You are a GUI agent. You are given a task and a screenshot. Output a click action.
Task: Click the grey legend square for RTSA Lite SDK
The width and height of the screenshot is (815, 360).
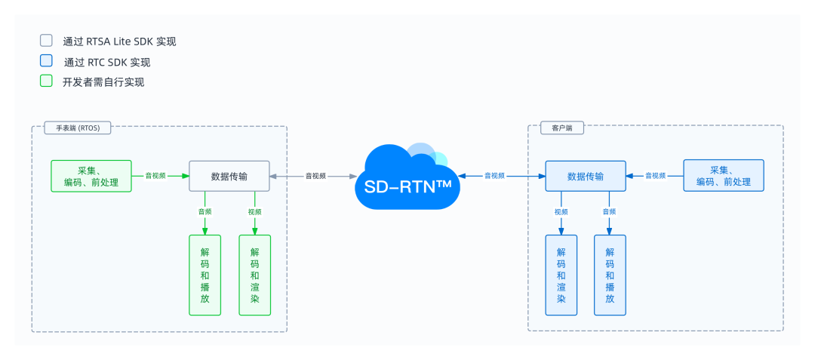46,41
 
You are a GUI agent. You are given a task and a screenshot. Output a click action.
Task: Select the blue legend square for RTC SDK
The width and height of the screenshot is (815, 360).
46,61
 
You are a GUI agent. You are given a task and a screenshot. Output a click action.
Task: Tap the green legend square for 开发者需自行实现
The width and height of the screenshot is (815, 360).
46,81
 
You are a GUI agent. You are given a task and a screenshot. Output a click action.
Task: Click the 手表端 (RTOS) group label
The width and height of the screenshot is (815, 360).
78,128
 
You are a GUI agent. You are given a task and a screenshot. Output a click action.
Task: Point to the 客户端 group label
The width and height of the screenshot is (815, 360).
562,128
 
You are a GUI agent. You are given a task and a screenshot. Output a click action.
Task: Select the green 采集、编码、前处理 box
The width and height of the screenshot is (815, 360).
91,176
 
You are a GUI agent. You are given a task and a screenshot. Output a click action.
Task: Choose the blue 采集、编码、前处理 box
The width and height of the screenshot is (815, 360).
723,176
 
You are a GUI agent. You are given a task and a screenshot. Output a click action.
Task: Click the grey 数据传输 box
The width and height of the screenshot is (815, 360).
229,176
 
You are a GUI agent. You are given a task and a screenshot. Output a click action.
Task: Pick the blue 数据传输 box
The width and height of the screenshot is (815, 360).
586,176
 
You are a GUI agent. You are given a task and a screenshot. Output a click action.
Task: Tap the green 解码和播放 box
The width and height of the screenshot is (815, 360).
205,275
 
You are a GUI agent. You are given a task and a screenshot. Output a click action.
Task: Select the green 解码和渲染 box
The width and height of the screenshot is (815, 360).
255,275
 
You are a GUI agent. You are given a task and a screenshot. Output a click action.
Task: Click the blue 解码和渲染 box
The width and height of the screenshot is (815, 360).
561,275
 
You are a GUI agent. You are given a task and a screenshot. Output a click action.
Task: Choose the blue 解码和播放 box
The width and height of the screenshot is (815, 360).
610,275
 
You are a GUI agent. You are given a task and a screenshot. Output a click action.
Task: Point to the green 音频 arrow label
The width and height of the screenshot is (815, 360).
205,212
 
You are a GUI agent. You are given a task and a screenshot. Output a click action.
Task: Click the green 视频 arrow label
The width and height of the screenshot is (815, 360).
255,212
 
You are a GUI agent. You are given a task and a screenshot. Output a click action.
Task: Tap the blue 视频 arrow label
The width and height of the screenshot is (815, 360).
561,212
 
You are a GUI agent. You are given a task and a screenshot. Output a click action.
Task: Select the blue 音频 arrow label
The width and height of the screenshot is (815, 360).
609,212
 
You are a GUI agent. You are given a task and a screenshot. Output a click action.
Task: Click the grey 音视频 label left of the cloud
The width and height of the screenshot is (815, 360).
315,176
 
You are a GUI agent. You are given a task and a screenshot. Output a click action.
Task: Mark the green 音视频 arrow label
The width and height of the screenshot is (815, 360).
155,176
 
